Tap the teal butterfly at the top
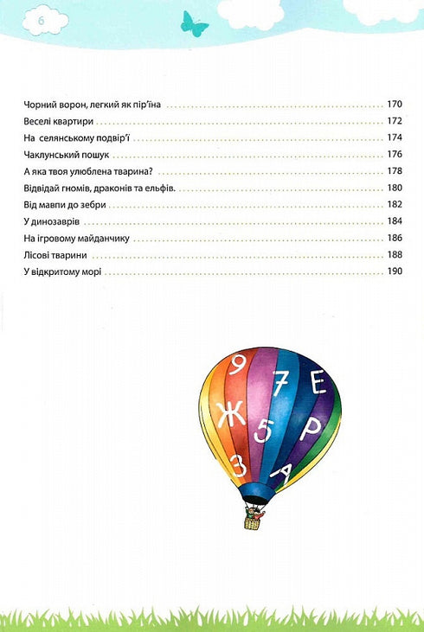click(x=195, y=22)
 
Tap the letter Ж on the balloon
click(x=229, y=417)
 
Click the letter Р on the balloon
click(x=309, y=431)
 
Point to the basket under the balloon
click(x=252, y=521)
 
